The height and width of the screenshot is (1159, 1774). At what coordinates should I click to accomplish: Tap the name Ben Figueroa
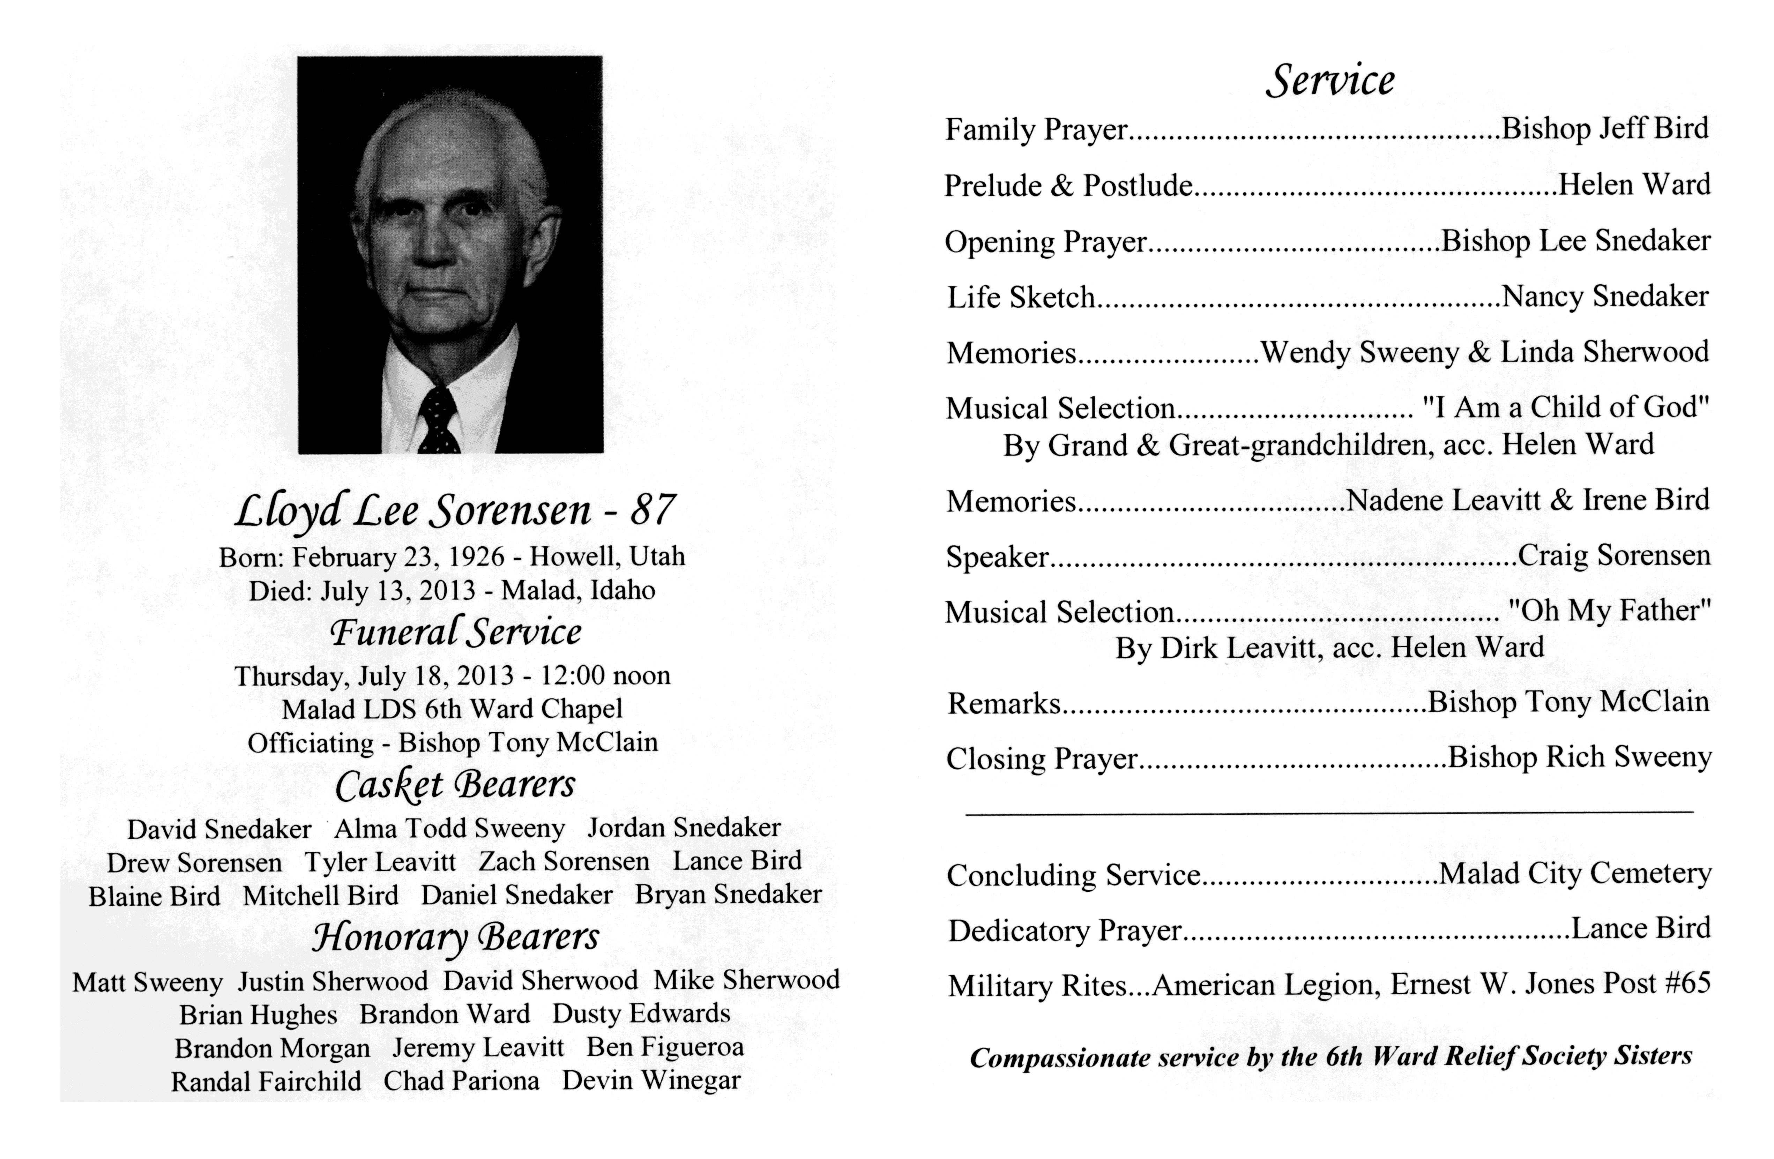(665, 1047)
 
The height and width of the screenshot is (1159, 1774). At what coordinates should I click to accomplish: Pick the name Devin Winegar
(651, 1081)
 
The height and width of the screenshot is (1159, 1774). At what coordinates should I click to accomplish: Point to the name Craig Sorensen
(1614, 555)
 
